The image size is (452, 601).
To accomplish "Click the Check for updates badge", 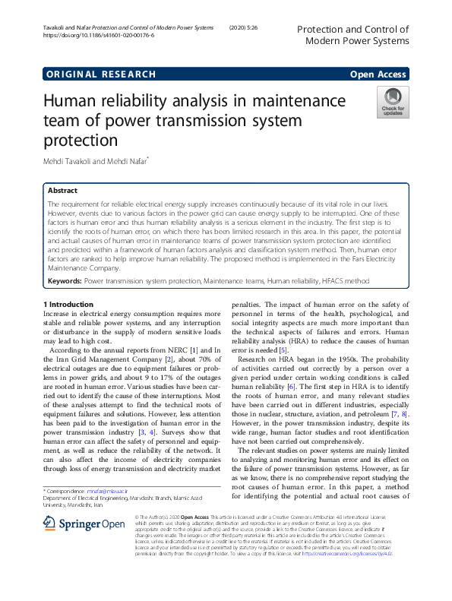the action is click(x=393, y=102).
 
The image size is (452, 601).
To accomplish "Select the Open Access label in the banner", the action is click(x=378, y=74).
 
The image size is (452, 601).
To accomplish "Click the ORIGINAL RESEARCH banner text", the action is click(x=101, y=74).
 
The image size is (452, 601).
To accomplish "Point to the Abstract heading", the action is click(x=62, y=191).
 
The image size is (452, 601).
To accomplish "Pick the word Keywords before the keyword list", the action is click(x=64, y=280).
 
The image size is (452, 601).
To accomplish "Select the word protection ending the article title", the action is click(x=81, y=140).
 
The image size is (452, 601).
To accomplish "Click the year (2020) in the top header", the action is click(x=240, y=27).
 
